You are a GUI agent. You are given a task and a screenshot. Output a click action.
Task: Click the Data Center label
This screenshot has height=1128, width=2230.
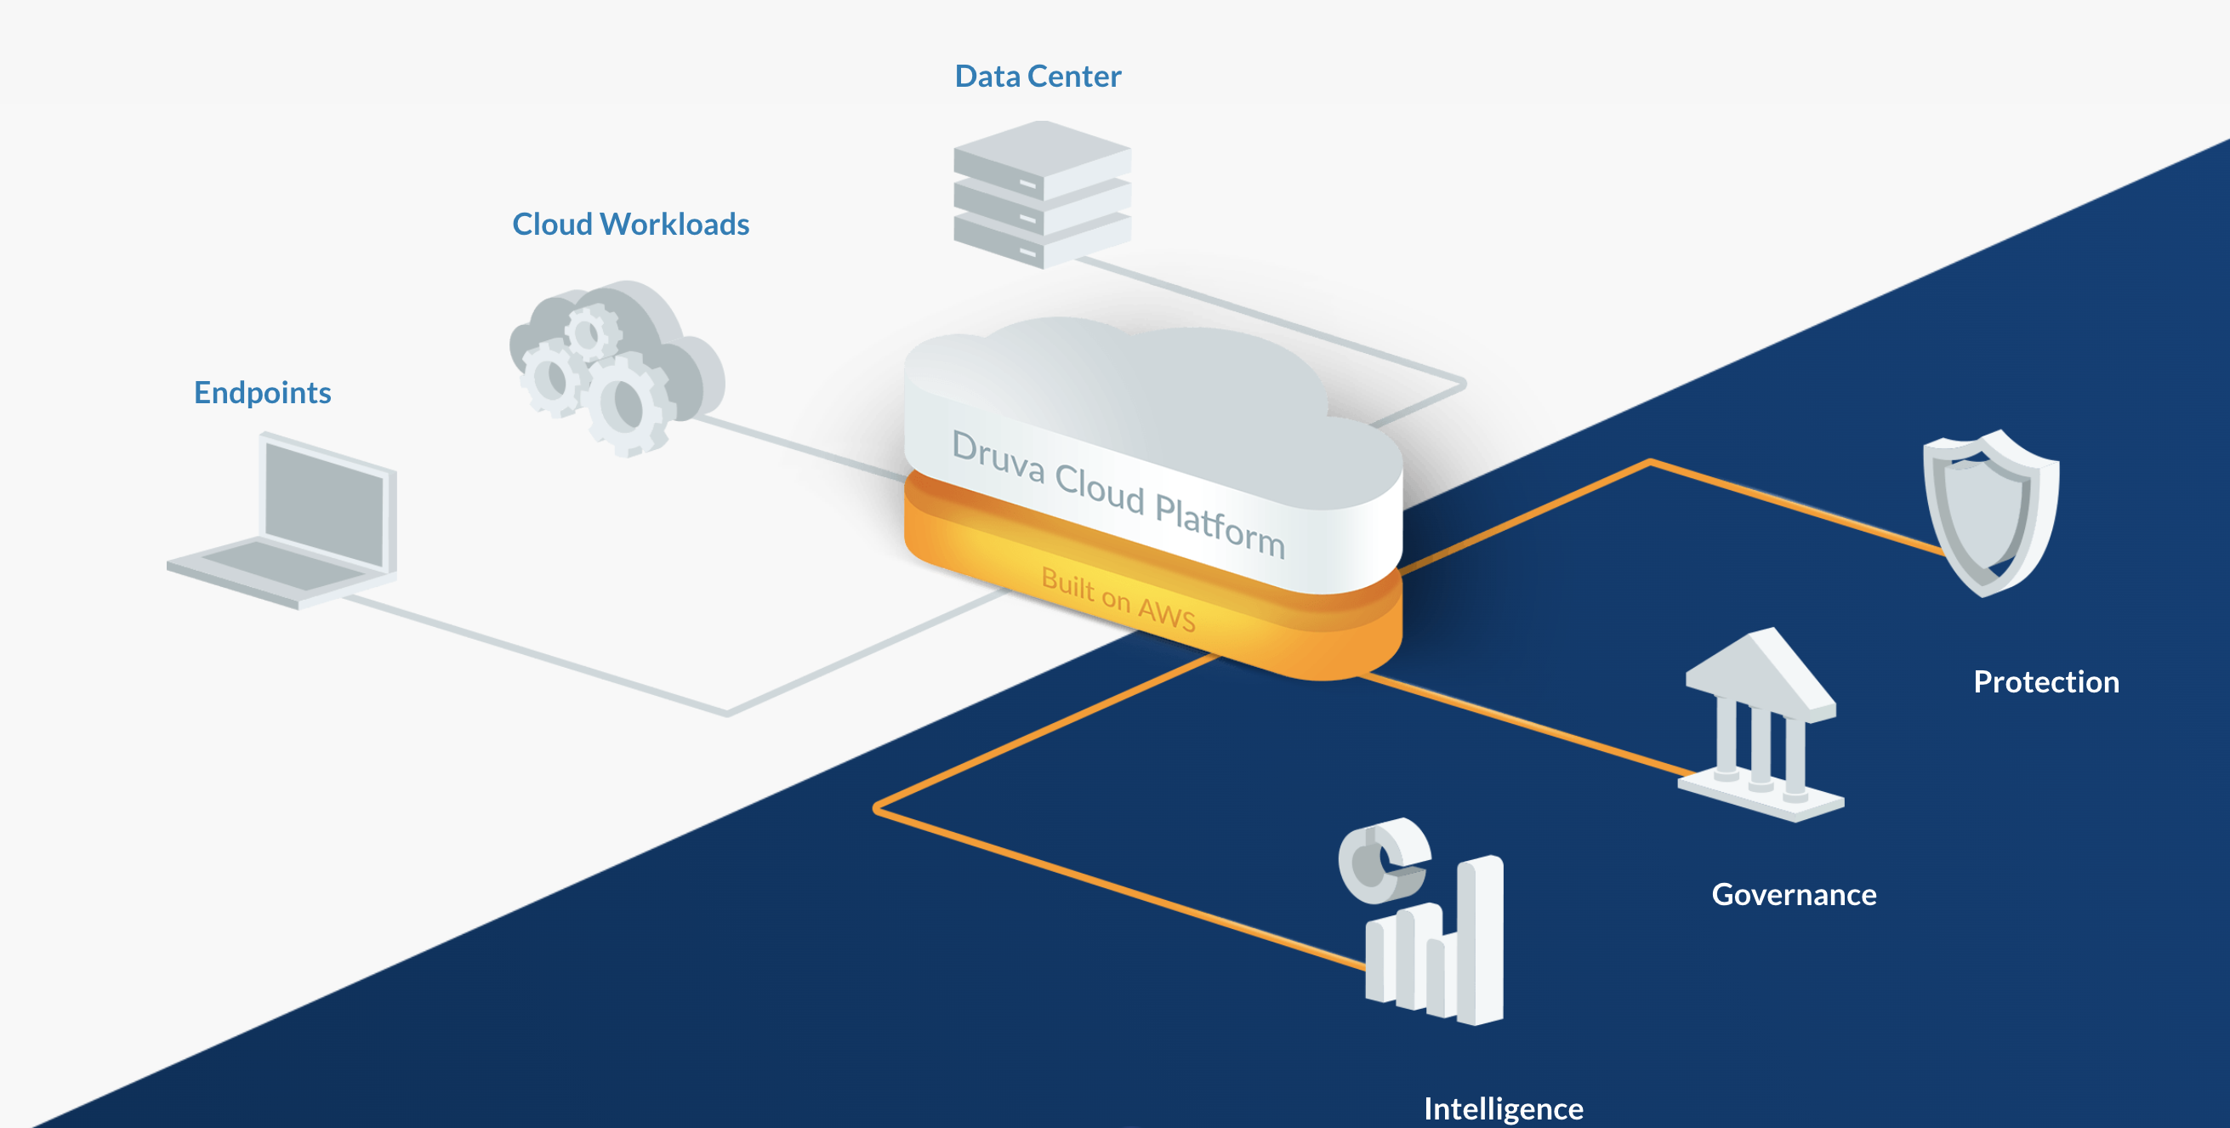pyautogui.click(x=1037, y=77)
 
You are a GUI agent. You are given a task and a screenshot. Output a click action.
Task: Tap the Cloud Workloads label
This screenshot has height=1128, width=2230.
pyautogui.click(x=630, y=225)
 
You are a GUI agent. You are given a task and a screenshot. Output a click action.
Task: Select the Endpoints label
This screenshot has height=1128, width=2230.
pyautogui.click(x=262, y=392)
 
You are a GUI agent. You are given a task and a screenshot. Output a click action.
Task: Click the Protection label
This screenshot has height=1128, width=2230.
pyautogui.click(x=2045, y=681)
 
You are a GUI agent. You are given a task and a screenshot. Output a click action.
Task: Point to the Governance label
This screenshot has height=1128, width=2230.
pyautogui.click(x=1794, y=894)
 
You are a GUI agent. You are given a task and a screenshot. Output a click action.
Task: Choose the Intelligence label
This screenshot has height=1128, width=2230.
pyautogui.click(x=1503, y=1108)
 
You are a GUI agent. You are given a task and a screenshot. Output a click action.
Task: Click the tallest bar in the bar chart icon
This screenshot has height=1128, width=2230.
pyautogui.click(x=1481, y=939)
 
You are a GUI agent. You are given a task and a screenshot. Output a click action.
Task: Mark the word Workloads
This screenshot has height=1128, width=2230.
pyautogui.click(x=675, y=225)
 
